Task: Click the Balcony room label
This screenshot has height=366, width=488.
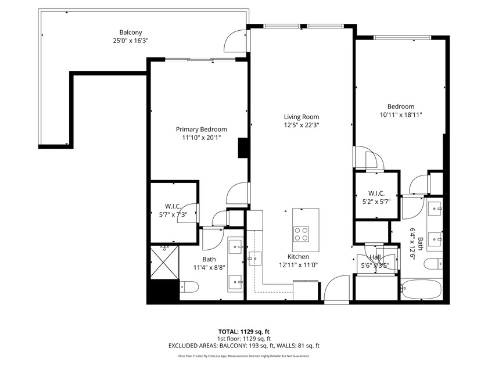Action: click(x=131, y=33)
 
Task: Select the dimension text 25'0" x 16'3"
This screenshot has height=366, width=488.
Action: click(x=131, y=41)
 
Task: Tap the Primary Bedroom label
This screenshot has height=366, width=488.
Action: click(x=202, y=129)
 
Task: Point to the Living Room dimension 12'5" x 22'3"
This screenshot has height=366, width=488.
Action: click(x=301, y=125)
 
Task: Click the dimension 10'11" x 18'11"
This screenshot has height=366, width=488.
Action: click(x=401, y=114)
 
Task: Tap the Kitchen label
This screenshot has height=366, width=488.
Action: click(x=298, y=256)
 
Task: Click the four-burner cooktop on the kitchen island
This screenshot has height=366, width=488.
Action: click(x=302, y=234)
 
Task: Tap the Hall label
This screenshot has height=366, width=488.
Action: click(x=375, y=257)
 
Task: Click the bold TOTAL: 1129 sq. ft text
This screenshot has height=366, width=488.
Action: click(x=243, y=332)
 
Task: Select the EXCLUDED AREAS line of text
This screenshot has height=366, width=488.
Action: click(x=243, y=346)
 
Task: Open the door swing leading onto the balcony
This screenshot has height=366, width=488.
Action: click(x=236, y=41)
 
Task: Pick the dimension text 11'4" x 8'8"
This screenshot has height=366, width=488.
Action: click(x=209, y=267)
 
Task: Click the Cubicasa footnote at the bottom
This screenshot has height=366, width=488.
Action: click(x=243, y=356)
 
